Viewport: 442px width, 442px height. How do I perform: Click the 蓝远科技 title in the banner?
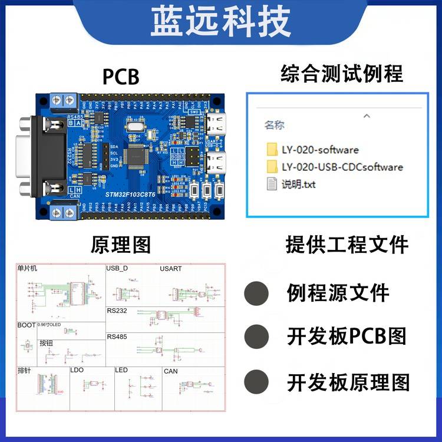point(221,22)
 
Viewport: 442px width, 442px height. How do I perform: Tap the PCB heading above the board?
point(121,77)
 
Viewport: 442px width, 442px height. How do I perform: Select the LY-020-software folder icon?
point(272,150)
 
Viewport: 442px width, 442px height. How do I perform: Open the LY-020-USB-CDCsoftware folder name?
point(342,167)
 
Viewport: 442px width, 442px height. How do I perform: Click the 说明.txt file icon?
point(272,184)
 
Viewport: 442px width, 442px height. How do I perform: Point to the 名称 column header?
point(274,125)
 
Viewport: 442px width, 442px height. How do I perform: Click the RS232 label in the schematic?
point(117,310)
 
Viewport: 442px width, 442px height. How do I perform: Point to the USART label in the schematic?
point(171,269)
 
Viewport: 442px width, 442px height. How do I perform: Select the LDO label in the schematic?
point(77,371)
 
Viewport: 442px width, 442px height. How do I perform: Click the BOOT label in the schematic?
point(26,325)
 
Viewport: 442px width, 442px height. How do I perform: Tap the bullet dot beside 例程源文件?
point(256,292)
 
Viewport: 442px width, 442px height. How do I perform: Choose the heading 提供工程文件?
point(347,245)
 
